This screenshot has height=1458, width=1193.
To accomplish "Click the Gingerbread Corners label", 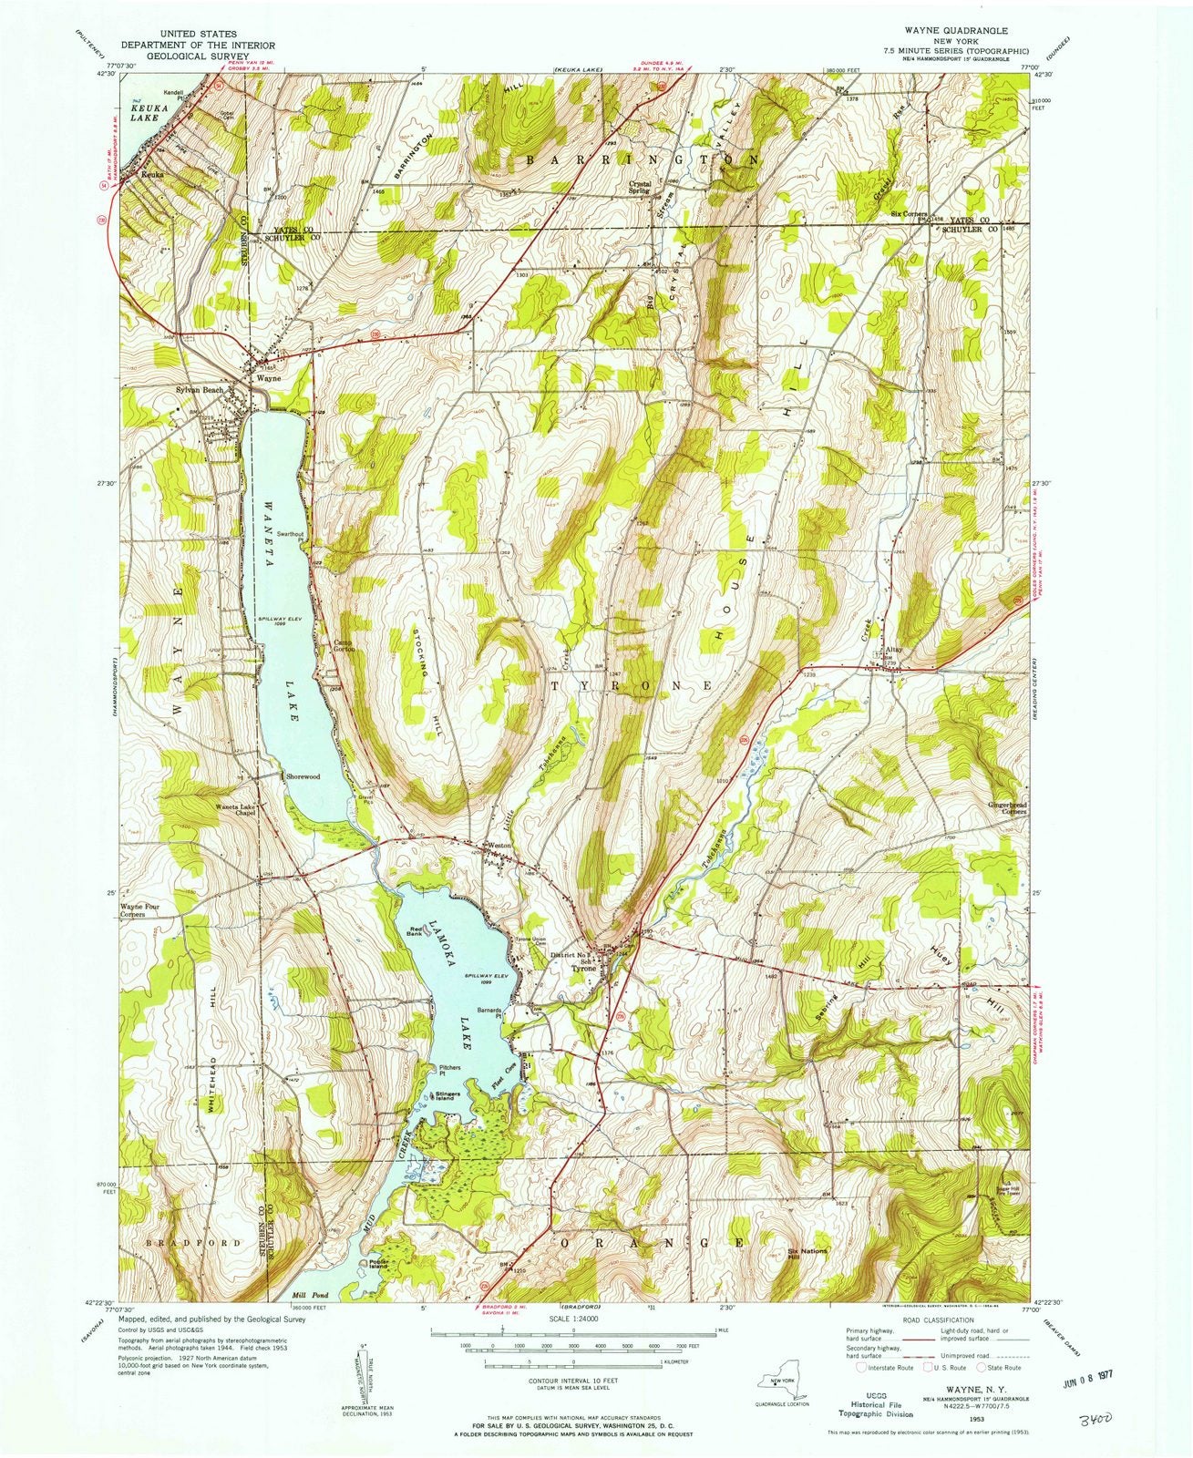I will pyautogui.click(x=1007, y=808).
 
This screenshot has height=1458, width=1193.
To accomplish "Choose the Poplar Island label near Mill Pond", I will pyautogui.click(x=380, y=1263).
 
